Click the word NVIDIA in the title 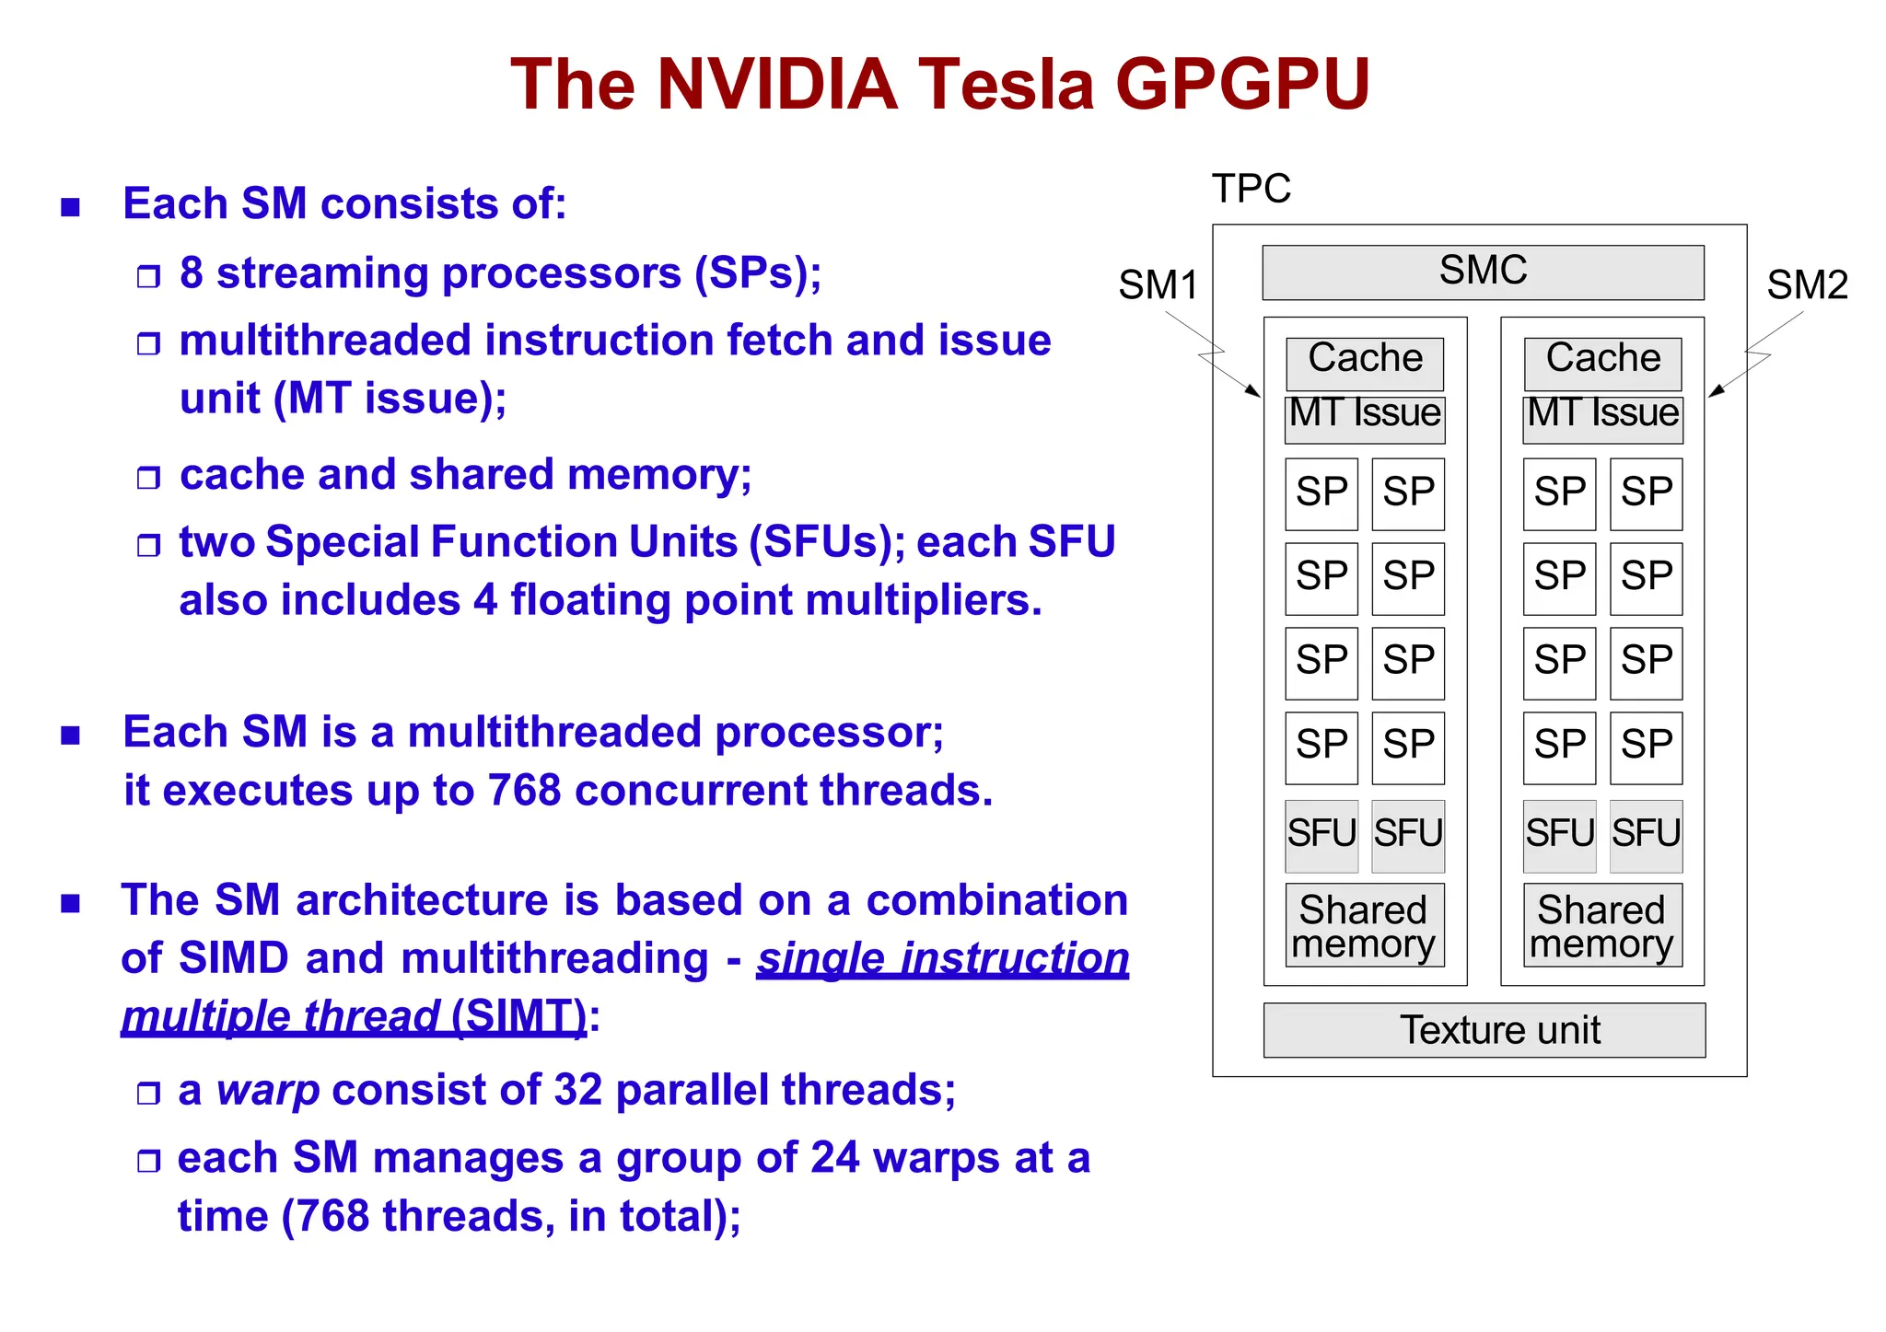click(776, 85)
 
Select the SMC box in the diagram click(1483, 272)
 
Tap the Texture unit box click(1484, 1030)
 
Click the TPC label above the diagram click(1251, 189)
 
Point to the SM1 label click(1158, 285)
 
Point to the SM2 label click(1807, 285)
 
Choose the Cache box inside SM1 click(1365, 362)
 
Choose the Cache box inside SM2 click(1602, 362)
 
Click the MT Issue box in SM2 click(1602, 419)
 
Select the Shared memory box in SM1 click(1365, 925)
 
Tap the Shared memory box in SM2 click(1602, 925)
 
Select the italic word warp click(268, 1091)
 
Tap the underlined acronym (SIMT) click(518, 1017)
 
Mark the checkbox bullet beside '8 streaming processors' click(148, 276)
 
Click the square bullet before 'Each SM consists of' click(71, 207)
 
